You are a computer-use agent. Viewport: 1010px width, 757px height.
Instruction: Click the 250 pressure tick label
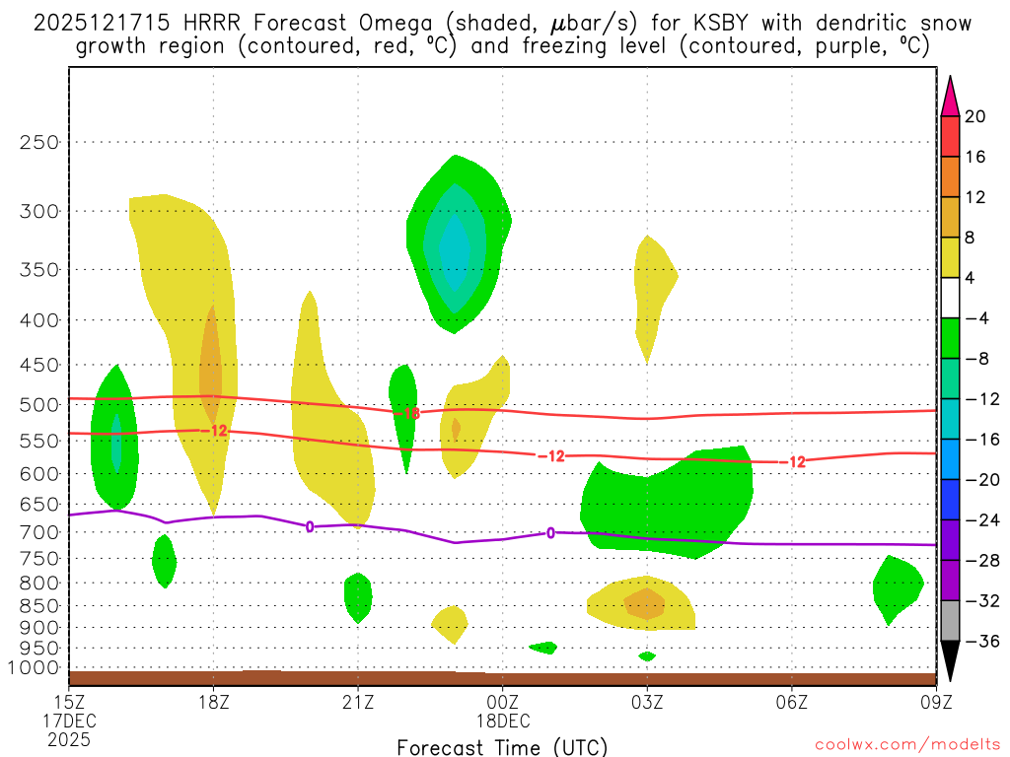[39, 142]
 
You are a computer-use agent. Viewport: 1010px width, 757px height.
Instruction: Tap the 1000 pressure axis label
[35, 667]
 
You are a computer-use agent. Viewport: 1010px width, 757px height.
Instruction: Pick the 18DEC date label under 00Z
[502, 720]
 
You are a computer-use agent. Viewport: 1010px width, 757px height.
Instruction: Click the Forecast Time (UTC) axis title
[502, 746]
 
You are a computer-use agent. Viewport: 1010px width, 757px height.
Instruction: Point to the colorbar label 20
[975, 116]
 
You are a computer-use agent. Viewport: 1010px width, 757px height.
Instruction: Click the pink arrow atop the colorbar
[949, 96]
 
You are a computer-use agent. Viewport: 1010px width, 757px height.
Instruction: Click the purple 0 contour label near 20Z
[310, 526]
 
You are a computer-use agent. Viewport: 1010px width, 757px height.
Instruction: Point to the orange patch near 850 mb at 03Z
[645, 603]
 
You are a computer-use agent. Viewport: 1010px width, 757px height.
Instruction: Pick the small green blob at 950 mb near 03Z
[647, 655]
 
